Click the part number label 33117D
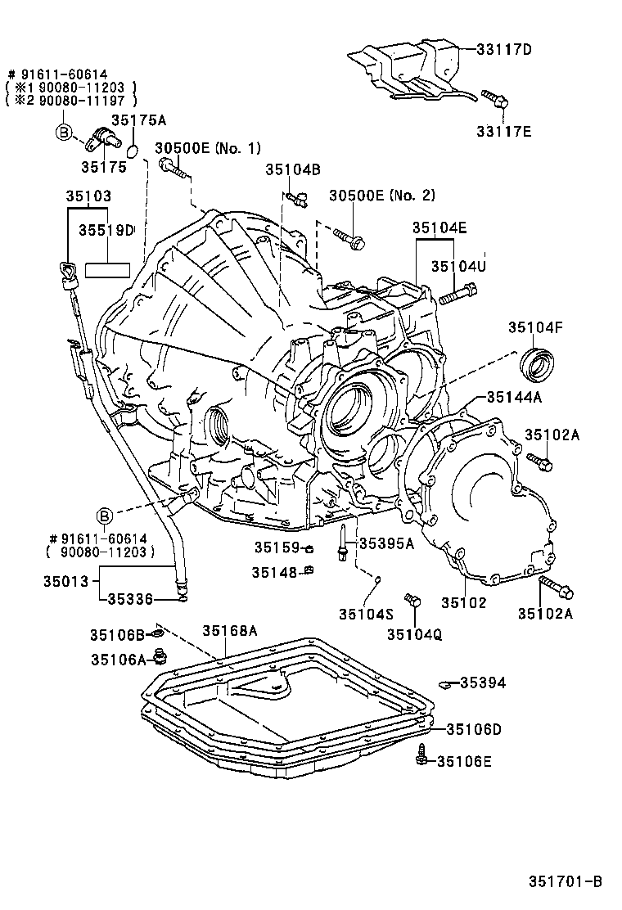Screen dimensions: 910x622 click(x=504, y=49)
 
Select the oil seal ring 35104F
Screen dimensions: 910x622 click(x=539, y=364)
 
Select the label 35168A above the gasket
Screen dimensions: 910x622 click(x=230, y=630)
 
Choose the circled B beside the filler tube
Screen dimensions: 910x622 click(x=105, y=516)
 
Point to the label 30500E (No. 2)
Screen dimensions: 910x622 click(x=382, y=196)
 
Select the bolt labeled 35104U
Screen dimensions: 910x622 click(x=457, y=293)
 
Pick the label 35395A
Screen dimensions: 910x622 click(x=386, y=543)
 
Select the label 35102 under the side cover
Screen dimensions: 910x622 click(x=464, y=603)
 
